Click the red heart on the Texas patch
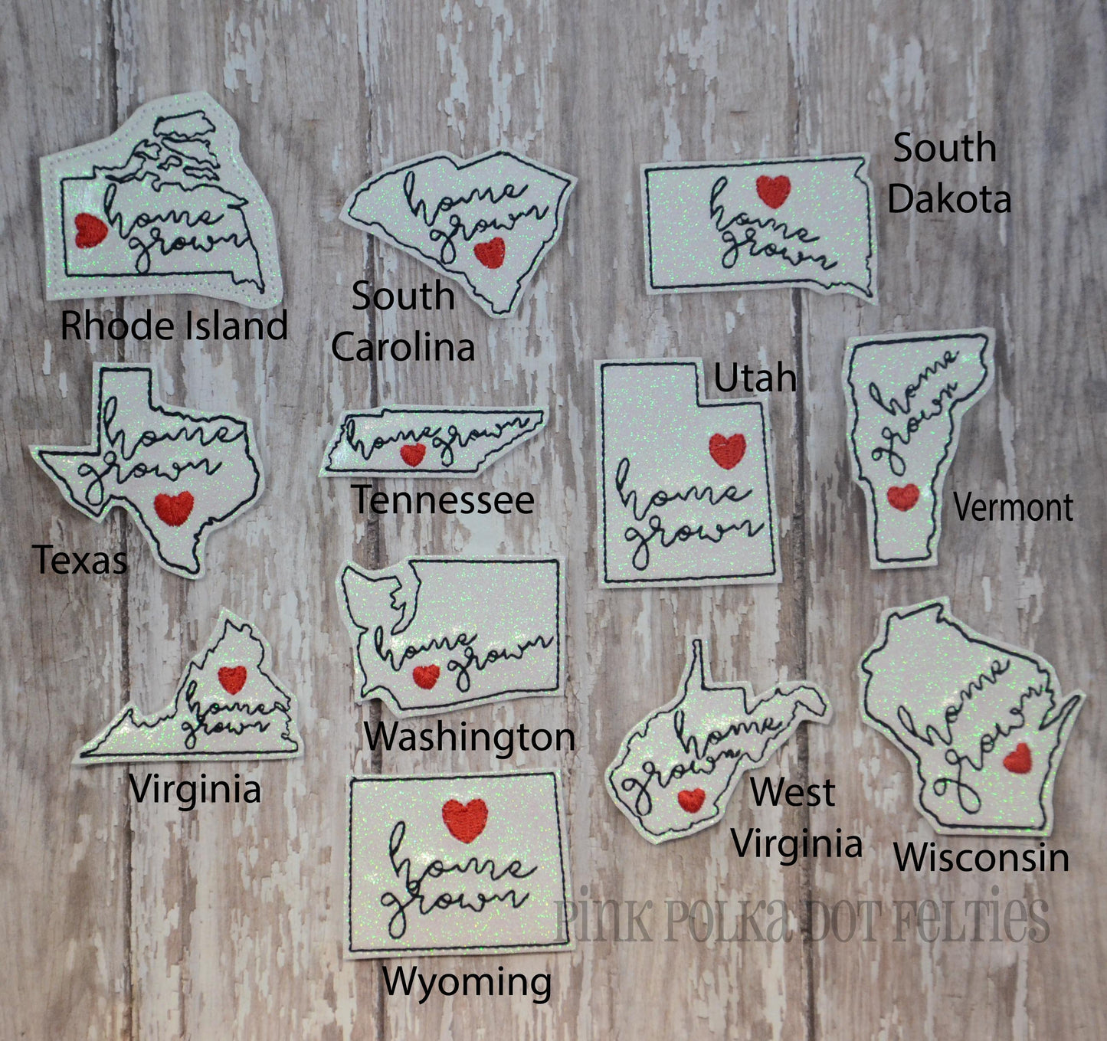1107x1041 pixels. pos(174,507)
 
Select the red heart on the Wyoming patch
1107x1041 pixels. pos(465,819)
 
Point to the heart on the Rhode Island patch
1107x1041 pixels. pos(90,230)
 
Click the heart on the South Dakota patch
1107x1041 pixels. pos(773,192)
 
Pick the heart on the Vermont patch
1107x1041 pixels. pos(903,497)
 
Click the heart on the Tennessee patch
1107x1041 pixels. pos(413,454)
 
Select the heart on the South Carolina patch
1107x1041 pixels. pos(489,252)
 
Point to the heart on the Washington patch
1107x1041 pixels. pos(426,676)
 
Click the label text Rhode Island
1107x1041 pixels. pos(174,326)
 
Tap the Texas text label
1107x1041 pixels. pos(80,560)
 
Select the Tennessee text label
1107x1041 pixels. pos(443,500)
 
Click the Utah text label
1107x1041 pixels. pos(755,378)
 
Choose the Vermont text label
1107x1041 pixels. pos(1013,507)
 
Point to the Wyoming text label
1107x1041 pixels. pos(467,982)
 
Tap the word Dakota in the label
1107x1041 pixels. pos(949,199)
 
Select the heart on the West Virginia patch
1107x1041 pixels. pos(691,800)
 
